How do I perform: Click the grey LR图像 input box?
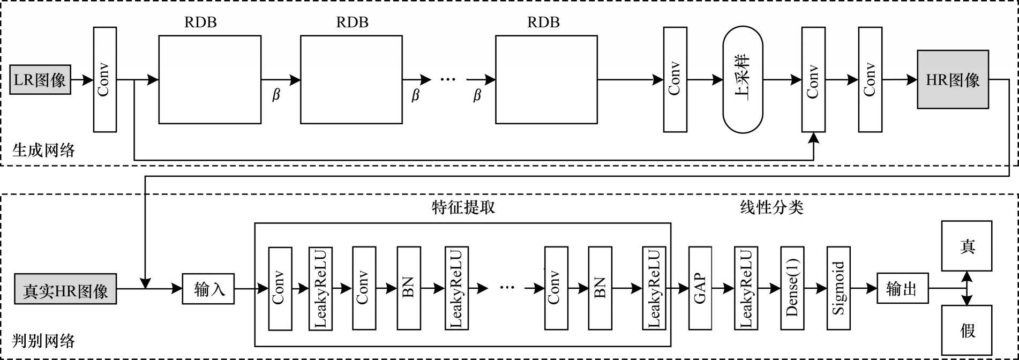[40, 80]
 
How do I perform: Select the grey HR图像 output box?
[953, 80]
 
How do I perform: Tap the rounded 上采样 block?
[743, 80]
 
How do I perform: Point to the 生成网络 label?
[43, 149]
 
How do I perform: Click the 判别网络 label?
[43, 341]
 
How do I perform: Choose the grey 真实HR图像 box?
[65, 289]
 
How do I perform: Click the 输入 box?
[208, 289]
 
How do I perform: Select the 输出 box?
[902, 289]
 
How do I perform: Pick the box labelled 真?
[967, 246]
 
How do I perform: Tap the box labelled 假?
[967, 330]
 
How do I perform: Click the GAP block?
[700, 288]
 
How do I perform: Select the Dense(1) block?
[792, 288]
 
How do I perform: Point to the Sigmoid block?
[838, 288]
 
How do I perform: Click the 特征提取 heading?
[463, 207]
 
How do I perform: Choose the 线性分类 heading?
[771, 207]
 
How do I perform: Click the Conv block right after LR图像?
[104, 80]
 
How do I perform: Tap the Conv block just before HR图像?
[870, 80]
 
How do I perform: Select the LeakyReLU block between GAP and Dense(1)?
[746, 288]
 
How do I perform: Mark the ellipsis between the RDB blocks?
[448, 80]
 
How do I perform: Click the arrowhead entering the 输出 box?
[872, 289]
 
